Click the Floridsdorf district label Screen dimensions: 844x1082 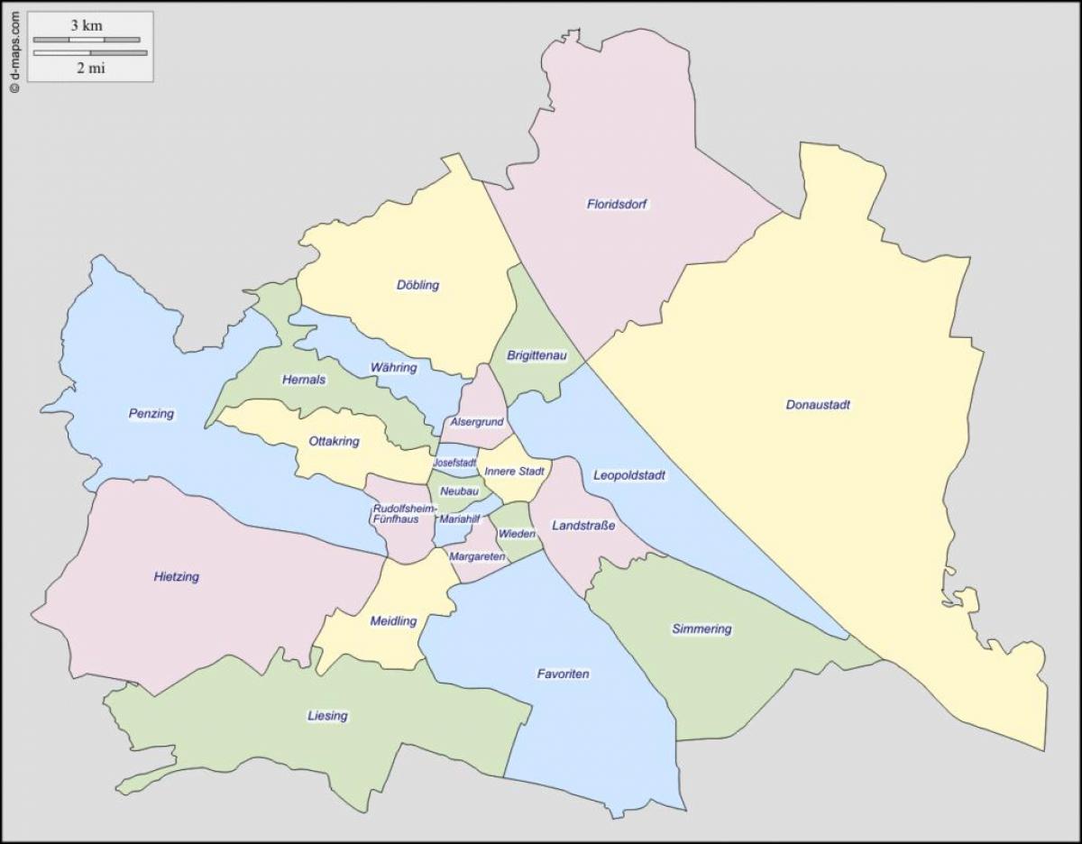point(618,204)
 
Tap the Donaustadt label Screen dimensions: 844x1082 point(818,405)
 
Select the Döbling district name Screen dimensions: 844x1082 point(417,285)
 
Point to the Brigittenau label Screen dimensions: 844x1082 point(536,356)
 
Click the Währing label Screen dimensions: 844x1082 point(393,368)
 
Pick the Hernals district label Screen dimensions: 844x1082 point(303,380)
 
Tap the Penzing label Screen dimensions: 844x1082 point(151,414)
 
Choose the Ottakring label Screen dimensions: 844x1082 point(334,441)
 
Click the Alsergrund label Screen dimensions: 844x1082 point(476,422)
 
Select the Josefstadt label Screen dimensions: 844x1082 point(454,463)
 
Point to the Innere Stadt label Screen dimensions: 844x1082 point(514,471)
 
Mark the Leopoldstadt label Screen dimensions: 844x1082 point(629,475)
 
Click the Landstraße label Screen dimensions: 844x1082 point(583,525)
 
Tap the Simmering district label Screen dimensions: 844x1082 point(701,628)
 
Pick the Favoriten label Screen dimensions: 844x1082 point(563,674)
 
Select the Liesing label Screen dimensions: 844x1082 point(327,716)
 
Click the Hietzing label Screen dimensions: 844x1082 point(176,576)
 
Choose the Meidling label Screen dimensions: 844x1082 point(393,621)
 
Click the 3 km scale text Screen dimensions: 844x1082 point(87,26)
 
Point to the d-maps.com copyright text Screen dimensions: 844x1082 point(14,52)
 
